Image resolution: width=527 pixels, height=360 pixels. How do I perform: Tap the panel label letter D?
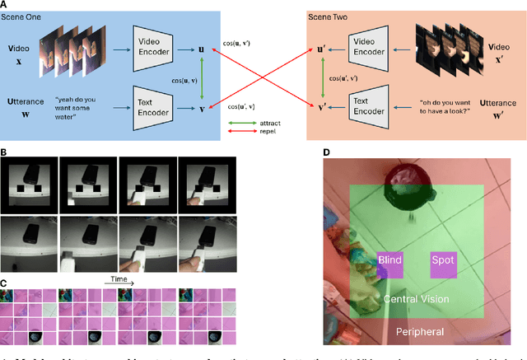click(326, 152)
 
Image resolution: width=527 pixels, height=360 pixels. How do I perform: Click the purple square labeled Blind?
click(389, 261)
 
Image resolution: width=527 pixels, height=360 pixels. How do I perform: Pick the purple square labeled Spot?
click(442, 261)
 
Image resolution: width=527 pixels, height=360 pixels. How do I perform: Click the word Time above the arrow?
click(115, 280)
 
